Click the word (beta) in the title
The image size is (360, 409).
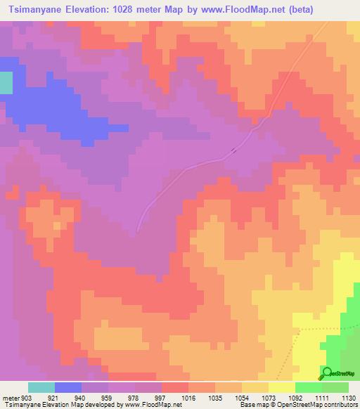coord(295,10)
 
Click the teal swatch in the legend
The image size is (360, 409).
coord(41,387)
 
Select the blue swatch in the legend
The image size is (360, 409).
coord(68,387)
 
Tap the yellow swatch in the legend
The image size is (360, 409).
coord(282,387)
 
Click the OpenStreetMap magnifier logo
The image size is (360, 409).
coord(326,373)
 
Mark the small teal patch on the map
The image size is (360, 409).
coord(6,83)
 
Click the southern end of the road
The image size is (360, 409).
coord(138,230)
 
